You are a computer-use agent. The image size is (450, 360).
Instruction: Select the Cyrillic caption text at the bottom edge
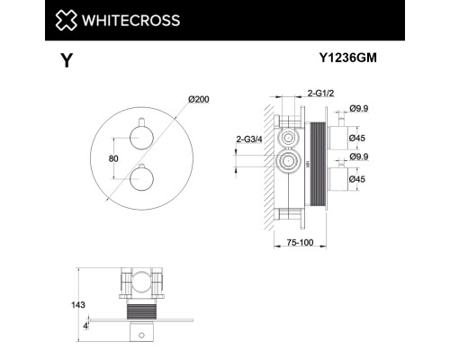click(225, 355)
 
